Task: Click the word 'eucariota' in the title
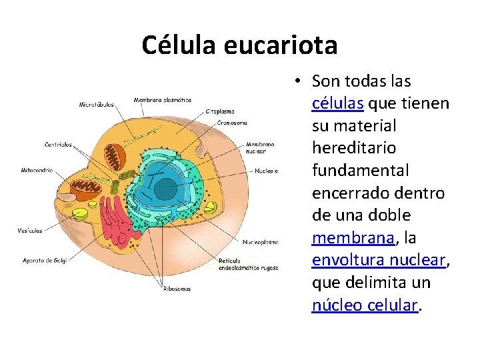coord(281,45)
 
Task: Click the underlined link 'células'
coord(337,103)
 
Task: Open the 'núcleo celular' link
coord(365,305)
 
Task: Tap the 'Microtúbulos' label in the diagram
coord(97,105)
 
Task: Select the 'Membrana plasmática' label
coord(163,100)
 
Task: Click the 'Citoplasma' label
coord(219,112)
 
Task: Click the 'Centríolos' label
coord(59,144)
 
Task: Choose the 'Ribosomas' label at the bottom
coord(177,289)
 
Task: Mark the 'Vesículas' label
coord(30,231)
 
